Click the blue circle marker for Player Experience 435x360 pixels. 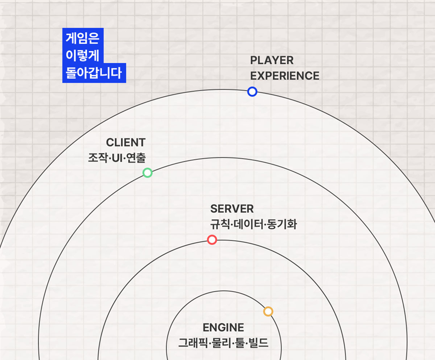tap(252, 92)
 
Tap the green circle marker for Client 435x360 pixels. tap(147, 173)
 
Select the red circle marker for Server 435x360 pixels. tap(212, 240)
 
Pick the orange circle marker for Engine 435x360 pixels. tap(268, 312)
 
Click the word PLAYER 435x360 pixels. tap(272, 60)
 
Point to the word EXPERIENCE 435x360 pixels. tap(285, 76)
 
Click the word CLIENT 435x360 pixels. tap(126, 142)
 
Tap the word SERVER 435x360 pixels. tap(232, 209)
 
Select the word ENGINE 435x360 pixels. tap(223, 328)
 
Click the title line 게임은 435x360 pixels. tap(82, 38)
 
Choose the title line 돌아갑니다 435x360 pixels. tap(94, 73)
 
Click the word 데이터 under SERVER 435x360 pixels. tap(247, 224)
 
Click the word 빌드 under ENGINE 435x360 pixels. tap(259, 343)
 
